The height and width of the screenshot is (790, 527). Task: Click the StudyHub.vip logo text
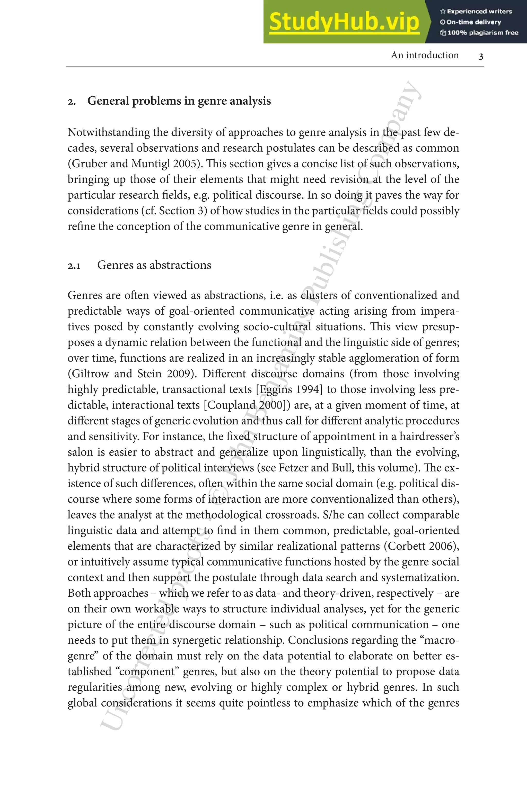point(344,22)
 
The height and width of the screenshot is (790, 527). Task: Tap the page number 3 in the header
point(481,56)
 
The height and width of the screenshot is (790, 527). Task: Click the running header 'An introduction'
point(425,55)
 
